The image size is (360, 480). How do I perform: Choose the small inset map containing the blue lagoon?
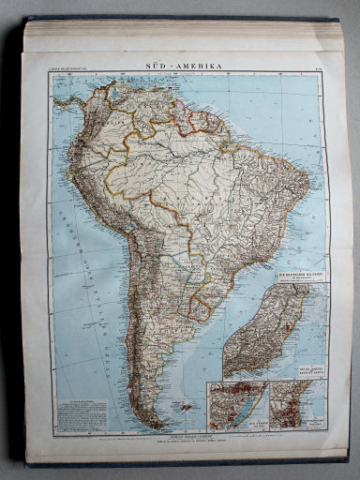coord(237,405)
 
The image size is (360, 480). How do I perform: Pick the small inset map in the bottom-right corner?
coord(297,405)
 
